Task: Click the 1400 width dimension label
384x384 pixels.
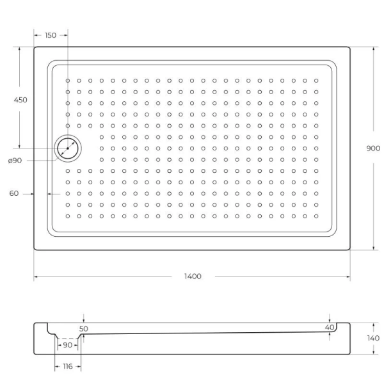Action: click(192, 276)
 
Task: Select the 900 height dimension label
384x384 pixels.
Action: click(372, 148)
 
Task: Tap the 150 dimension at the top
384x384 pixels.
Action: click(51, 35)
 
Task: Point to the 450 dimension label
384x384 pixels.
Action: click(20, 100)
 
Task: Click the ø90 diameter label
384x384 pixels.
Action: click(15, 161)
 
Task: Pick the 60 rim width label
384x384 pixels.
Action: click(14, 194)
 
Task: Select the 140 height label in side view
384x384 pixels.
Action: click(373, 338)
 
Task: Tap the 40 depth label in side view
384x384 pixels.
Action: click(330, 328)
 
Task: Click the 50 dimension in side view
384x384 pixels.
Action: click(84, 328)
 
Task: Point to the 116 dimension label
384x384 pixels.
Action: click(67, 367)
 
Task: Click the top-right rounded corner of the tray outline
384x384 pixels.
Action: click(348, 49)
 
